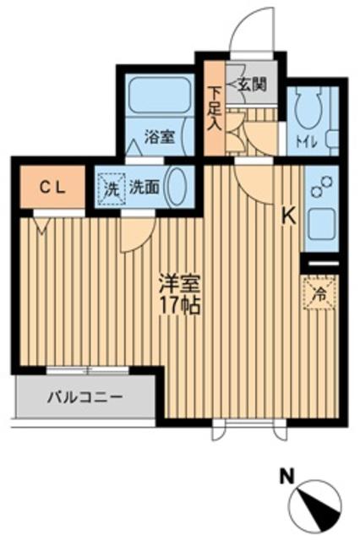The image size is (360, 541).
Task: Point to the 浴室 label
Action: click(x=159, y=137)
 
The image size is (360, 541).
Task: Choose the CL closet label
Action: click(x=52, y=188)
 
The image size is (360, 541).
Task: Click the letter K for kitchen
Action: click(x=289, y=217)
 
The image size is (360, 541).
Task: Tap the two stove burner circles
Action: click(x=321, y=187)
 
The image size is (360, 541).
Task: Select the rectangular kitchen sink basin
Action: click(x=321, y=224)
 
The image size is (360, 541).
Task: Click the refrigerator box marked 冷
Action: click(x=319, y=293)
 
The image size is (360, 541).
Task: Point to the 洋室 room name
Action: click(x=178, y=284)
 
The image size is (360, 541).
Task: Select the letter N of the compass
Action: click(x=286, y=477)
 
